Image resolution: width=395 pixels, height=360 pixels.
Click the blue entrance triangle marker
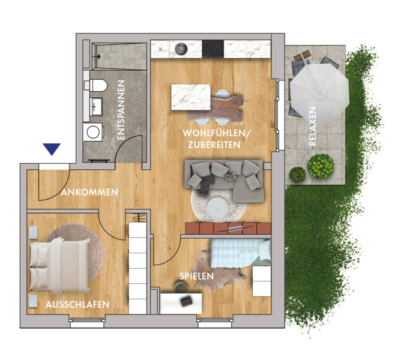click(52, 149)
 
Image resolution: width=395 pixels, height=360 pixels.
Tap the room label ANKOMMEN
click(89, 193)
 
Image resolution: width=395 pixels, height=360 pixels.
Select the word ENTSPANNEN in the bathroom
click(121, 110)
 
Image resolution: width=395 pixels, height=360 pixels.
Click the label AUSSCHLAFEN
click(77, 304)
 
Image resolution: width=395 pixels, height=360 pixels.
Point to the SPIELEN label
click(196, 276)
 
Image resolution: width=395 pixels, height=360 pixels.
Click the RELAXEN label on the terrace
click(312, 126)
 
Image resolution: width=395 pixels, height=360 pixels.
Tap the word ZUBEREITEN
click(214, 145)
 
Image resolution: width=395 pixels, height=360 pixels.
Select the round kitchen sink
click(181, 49)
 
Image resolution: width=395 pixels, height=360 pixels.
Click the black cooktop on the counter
click(213, 48)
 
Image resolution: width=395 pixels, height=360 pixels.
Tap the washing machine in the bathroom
click(93, 132)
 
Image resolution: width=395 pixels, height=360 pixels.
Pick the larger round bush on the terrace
click(321, 166)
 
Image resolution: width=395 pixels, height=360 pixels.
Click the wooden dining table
click(216, 108)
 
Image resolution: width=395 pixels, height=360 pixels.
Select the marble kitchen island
click(191, 97)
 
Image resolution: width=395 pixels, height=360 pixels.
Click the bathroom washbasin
click(96, 107)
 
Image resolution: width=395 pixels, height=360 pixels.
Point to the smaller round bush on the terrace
click(297, 175)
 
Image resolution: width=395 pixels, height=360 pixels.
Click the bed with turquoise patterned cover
click(241, 253)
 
